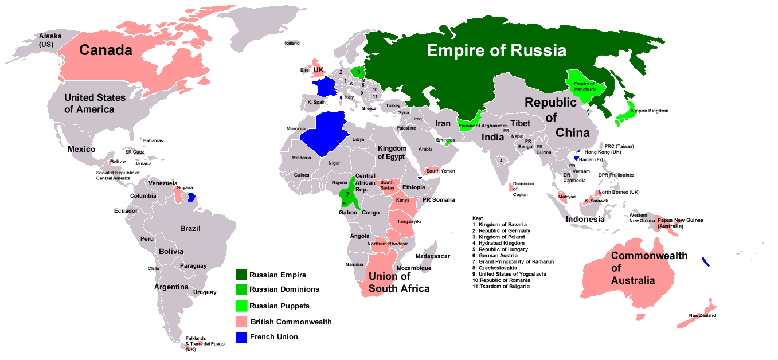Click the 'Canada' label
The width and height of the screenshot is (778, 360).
[105, 50]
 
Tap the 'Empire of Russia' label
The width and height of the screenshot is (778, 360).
[496, 50]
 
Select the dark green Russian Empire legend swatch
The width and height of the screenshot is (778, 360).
[241, 275]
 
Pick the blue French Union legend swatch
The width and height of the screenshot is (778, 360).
[241, 337]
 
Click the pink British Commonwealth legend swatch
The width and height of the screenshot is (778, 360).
[241, 322]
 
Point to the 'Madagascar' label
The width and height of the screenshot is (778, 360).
[433, 256]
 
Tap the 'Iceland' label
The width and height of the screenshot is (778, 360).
[292, 43]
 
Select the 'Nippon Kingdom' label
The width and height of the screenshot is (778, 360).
[649, 111]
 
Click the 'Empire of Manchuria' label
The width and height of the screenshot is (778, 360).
[584, 87]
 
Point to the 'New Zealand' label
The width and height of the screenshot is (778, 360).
[702, 315]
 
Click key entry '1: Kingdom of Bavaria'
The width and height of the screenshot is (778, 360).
[499, 224]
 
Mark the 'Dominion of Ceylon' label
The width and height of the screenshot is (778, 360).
[523, 189]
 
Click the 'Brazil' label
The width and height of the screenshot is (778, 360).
[190, 228]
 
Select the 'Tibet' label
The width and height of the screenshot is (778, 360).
[521, 123]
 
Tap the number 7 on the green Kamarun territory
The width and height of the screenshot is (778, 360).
[347, 194]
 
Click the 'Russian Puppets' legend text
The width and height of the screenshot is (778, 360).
[279, 306]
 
